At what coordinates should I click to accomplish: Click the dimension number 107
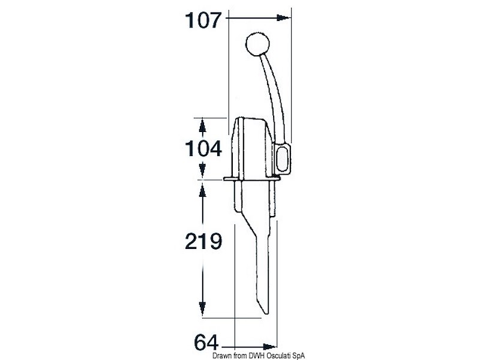pos(203,20)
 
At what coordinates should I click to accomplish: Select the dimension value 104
pos(203,148)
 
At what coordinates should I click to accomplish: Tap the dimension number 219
pos(203,241)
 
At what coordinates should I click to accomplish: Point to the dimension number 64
pos(206,342)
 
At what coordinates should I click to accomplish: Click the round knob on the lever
pos(257,44)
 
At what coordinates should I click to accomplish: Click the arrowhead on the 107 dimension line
pos(283,18)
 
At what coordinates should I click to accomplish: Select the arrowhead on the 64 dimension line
pos(269,347)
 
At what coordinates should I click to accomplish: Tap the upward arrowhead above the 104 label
pos(202,126)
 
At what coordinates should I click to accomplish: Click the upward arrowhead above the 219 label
pos(202,190)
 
